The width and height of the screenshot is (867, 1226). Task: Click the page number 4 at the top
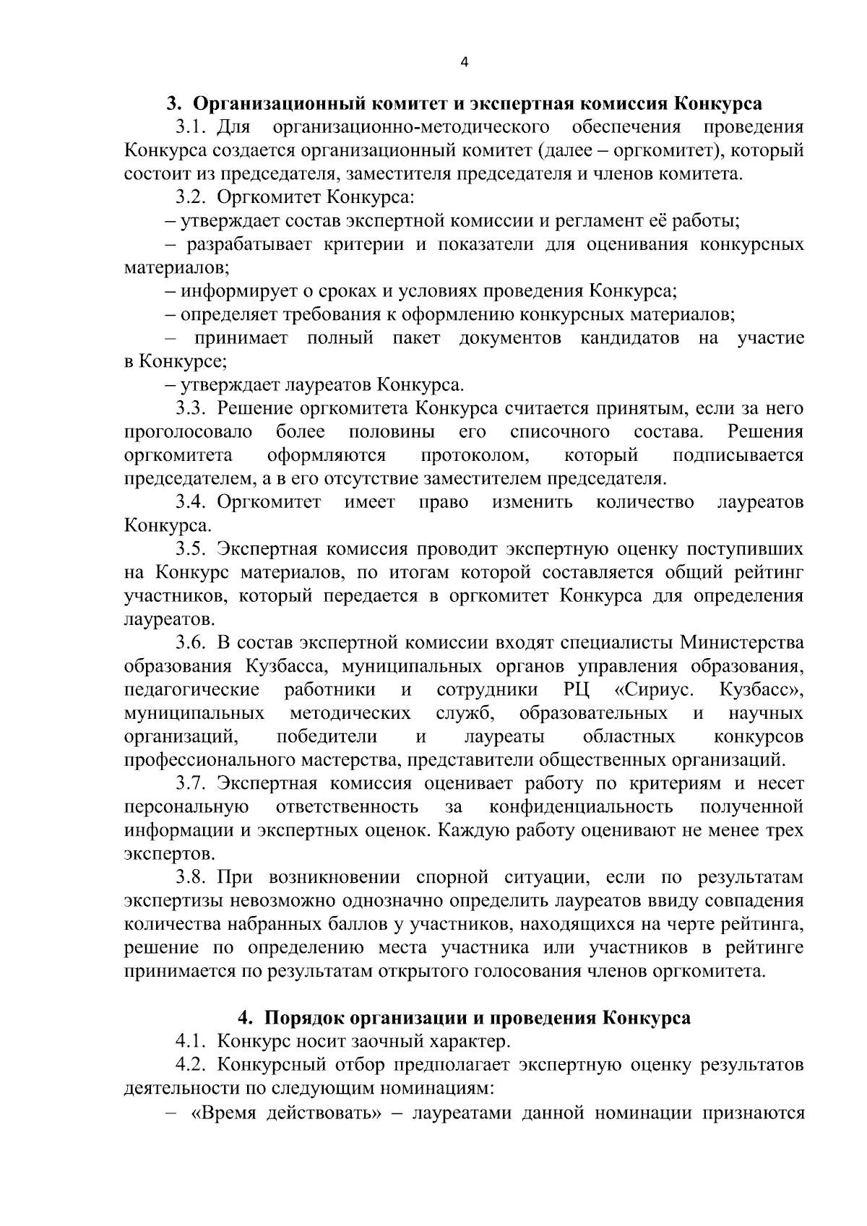(x=464, y=63)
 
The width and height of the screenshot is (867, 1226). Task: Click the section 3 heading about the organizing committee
(x=464, y=104)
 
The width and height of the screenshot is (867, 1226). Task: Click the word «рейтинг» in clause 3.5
(x=770, y=573)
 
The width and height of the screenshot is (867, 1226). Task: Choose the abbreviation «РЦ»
(x=576, y=690)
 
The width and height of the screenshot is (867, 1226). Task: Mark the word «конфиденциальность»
(x=581, y=807)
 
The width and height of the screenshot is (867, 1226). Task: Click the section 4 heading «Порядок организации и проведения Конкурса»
(x=464, y=1018)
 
